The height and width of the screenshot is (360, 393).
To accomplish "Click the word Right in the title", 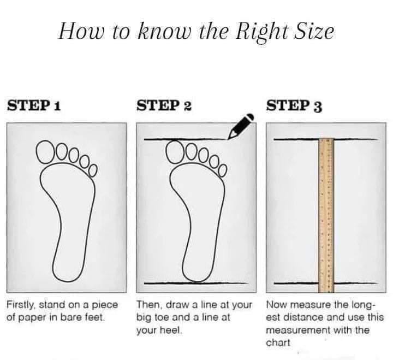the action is point(261,32).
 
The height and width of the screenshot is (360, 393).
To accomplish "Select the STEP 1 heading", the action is point(34,105).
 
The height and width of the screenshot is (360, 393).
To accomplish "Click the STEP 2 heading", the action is point(164,105).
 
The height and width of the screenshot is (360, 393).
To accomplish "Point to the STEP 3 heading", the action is point(294,105).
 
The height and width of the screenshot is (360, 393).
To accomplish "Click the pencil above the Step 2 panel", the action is point(241,126).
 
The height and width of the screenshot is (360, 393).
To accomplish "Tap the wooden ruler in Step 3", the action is point(326,215).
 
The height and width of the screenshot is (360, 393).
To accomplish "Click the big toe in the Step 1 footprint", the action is point(46,151).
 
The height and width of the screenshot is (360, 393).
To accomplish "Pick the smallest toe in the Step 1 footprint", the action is point(93,170).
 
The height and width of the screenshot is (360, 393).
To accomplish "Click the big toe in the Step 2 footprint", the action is point(176,151).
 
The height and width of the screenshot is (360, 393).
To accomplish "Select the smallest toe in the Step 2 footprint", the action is point(223,170).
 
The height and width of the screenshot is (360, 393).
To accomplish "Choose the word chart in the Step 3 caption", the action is point(278,343).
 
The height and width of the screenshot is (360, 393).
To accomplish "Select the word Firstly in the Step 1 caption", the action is point(22,305).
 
